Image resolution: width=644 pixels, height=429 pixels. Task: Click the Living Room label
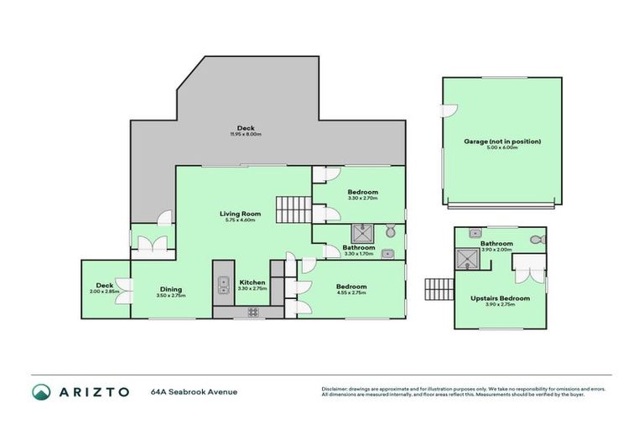click(x=240, y=213)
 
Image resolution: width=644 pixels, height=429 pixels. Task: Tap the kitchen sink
click(x=224, y=287)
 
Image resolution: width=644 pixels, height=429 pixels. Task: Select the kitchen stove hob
click(x=252, y=313)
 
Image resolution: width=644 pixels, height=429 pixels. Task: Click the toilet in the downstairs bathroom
click(x=390, y=231)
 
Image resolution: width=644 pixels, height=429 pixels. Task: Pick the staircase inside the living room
click(x=293, y=206)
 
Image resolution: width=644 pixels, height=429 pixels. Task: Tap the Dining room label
click(x=171, y=290)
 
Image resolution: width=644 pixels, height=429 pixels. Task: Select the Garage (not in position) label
click(x=502, y=142)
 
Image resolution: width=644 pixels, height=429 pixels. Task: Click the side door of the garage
click(x=448, y=111)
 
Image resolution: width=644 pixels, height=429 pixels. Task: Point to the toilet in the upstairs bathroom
click(x=538, y=240)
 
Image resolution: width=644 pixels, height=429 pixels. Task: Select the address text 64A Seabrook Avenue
click(x=194, y=391)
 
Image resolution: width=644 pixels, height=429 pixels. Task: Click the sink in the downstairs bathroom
click(x=387, y=254)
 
